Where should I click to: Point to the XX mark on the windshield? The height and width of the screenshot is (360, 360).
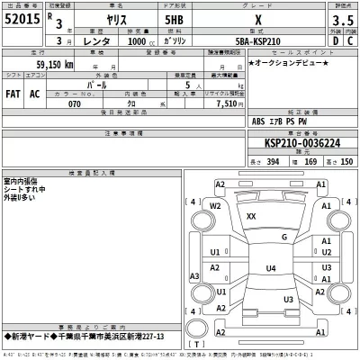[251, 217]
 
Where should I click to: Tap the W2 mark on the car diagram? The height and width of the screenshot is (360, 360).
[216, 205]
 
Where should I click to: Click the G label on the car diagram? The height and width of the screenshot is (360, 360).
[284, 237]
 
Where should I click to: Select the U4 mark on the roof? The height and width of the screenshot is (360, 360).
[271, 268]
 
